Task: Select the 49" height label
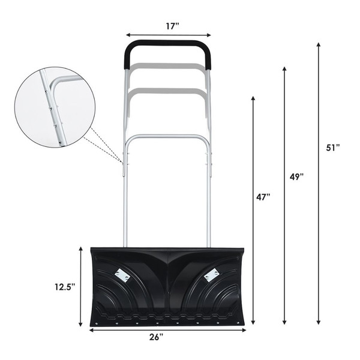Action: point(297,176)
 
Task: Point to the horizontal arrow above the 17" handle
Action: point(168,35)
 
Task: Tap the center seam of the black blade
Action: point(168,282)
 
